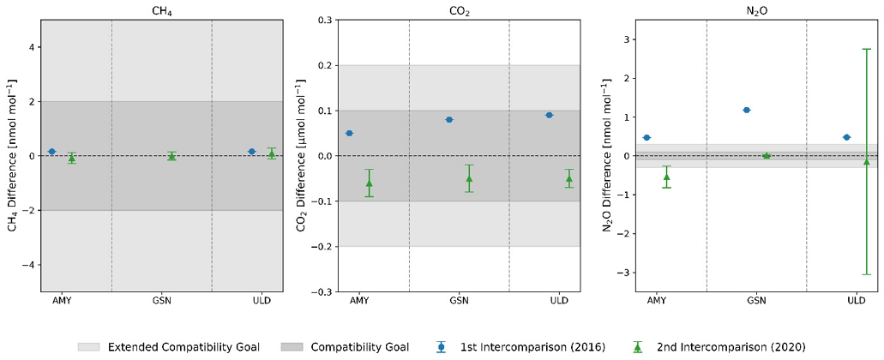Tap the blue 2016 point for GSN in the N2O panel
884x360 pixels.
[x=747, y=110]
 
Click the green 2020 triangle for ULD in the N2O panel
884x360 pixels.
[x=867, y=161]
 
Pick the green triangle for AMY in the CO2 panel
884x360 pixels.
[x=369, y=183]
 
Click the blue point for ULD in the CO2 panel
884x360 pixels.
[x=550, y=115]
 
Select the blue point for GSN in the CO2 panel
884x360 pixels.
[x=449, y=119]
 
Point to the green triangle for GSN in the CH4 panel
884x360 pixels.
[x=171, y=156]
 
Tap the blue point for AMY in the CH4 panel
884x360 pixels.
[x=51, y=151]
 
